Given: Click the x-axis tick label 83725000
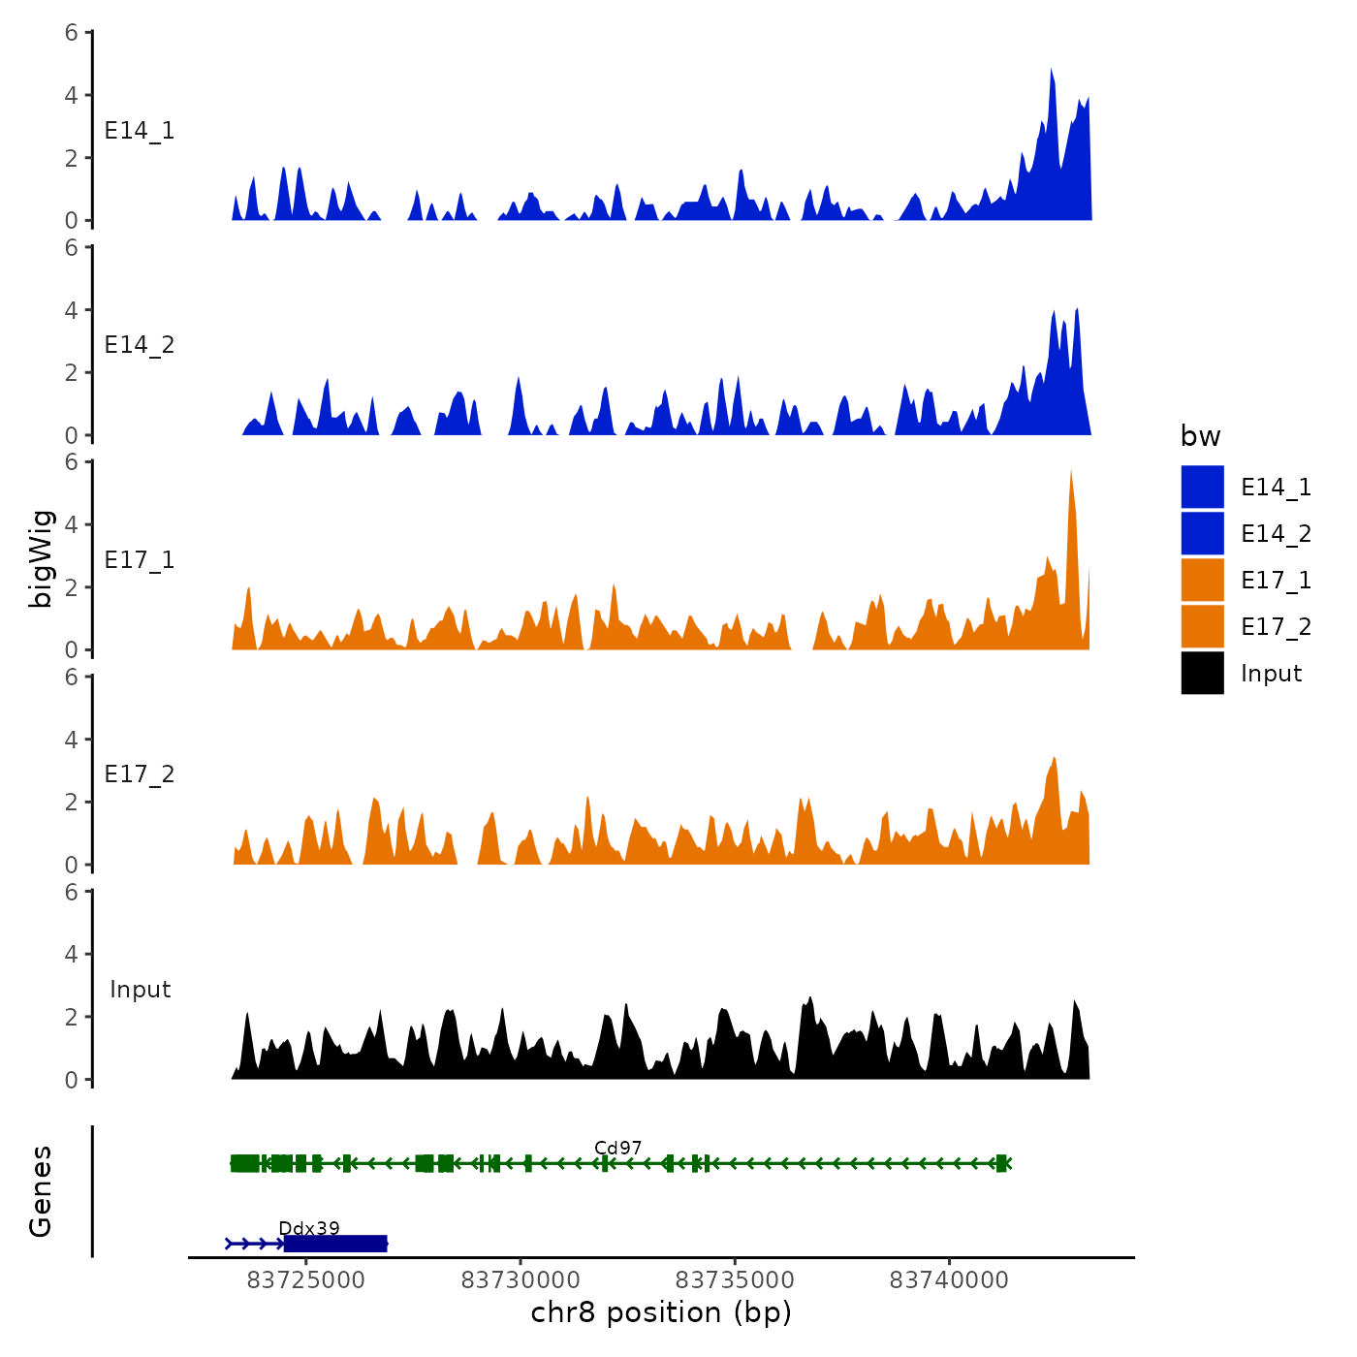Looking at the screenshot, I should pos(306,1280).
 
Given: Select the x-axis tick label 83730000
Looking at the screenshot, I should pos(521,1280).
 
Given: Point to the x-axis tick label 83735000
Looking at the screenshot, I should pos(735,1280).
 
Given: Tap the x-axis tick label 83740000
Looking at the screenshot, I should pos(949,1280).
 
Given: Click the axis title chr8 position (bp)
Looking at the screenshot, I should pos(661,1313).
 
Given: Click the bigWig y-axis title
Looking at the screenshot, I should pos(41,557).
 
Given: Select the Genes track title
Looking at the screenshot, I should pos(41,1191).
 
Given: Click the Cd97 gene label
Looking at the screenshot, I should pos(617,1148).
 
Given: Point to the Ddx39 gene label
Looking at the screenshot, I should pos(308,1228).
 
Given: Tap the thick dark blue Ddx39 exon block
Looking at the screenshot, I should pos(335,1244).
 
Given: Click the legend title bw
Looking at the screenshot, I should pos(1200,437).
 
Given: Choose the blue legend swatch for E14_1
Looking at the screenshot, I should pos(1202,487).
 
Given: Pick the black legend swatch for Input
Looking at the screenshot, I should pos(1202,673).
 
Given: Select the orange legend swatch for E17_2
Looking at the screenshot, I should pos(1202,626).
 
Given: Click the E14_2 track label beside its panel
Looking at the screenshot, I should pos(140,345).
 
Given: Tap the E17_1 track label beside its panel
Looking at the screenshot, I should pos(140,560).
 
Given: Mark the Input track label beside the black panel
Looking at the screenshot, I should pos(140,990).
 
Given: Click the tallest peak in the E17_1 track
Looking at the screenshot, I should pos(1071,475).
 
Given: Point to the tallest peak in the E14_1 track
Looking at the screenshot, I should pos(1051,73).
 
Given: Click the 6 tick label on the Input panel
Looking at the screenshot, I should pos(72,892).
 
